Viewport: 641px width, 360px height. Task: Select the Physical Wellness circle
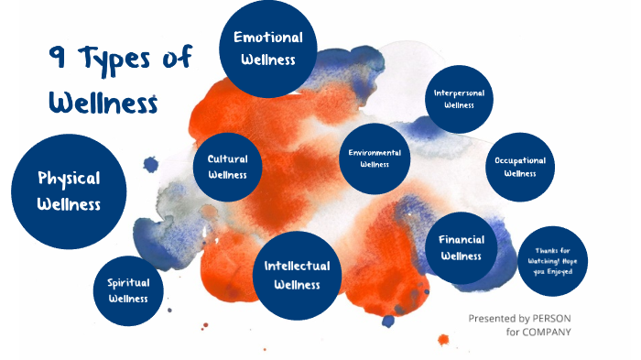click(69, 191)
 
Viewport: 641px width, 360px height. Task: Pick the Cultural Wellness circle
click(227, 167)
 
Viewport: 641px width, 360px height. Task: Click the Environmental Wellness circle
click(375, 158)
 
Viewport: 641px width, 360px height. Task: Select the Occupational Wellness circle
click(520, 166)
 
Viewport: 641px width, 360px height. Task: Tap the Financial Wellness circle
click(461, 247)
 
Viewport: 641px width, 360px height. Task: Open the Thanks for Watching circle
click(552, 261)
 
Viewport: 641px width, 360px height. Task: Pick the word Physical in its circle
click(69, 178)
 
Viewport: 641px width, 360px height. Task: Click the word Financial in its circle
click(461, 239)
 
